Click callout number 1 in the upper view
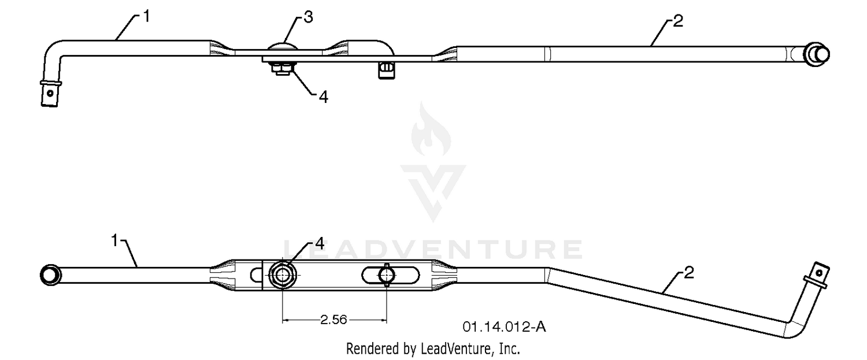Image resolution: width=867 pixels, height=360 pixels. click(x=146, y=17)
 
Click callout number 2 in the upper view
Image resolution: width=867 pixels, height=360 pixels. click(x=678, y=21)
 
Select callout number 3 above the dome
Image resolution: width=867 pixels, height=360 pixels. click(x=308, y=17)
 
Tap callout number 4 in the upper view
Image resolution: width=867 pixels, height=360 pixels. click(x=324, y=97)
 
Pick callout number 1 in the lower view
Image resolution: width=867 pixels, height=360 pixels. click(x=114, y=240)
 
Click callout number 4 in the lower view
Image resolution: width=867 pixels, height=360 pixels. click(x=319, y=243)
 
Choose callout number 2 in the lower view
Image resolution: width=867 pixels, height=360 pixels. click(x=689, y=273)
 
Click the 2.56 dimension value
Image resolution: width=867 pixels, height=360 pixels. click(x=334, y=320)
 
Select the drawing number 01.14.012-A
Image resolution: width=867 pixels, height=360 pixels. click(x=504, y=327)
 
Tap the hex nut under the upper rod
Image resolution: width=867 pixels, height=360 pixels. click(x=283, y=69)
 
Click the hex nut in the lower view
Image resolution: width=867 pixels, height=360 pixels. click(x=283, y=274)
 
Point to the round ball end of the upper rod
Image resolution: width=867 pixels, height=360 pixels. click(x=817, y=54)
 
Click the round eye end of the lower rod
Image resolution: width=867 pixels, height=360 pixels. click(x=50, y=275)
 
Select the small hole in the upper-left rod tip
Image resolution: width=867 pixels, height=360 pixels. click(x=50, y=93)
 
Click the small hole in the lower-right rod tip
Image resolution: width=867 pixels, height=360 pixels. click(x=819, y=273)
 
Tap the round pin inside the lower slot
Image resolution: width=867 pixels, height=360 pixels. click(x=386, y=275)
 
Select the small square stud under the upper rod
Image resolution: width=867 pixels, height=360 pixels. click(x=387, y=71)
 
